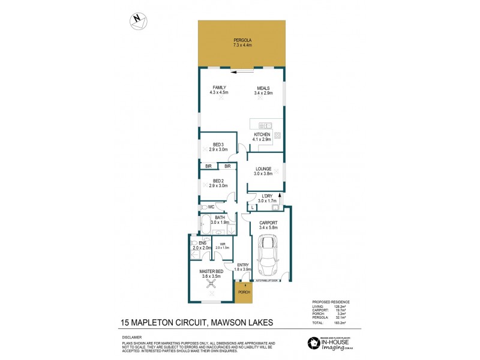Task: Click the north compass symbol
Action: (x=139, y=20)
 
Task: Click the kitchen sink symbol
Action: (x=266, y=125)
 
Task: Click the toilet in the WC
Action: (x=205, y=207)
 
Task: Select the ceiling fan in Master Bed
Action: (x=211, y=286)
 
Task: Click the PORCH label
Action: (x=244, y=292)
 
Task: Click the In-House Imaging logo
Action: (x=332, y=343)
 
